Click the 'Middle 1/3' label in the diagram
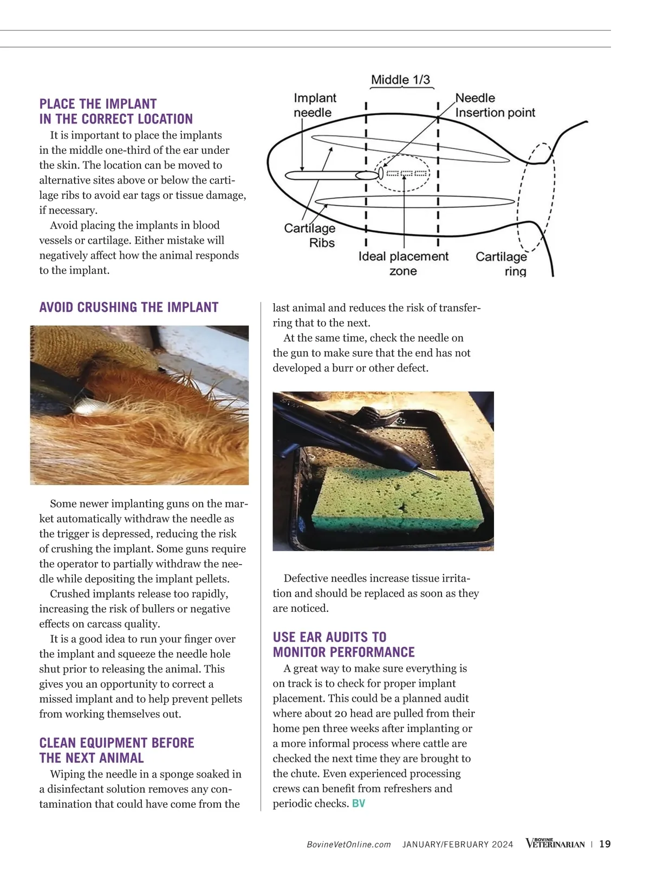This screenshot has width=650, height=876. [400, 80]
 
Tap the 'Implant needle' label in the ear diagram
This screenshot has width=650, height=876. [315, 105]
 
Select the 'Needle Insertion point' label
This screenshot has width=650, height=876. [495, 105]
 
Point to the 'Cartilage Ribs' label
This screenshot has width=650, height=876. [310, 236]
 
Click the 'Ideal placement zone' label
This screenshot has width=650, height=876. [404, 264]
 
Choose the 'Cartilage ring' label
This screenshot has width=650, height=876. [501, 264]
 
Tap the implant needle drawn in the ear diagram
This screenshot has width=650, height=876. [325, 175]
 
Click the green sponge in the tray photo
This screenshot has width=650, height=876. [398, 498]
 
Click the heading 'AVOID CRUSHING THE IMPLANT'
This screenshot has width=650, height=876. [129, 308]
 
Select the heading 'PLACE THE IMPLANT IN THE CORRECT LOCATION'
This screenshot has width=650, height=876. [116, 112]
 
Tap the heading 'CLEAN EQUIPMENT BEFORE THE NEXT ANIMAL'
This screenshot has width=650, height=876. [116, 750]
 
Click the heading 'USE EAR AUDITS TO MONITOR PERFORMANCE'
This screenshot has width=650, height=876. [344, 644]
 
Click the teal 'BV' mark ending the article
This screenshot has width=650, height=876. [359, 803]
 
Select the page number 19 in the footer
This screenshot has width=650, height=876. [605, 844]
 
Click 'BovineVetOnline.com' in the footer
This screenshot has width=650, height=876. [349, 845]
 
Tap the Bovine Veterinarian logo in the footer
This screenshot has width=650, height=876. [555, 844]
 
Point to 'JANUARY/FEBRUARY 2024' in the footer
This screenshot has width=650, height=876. [458, 845]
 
